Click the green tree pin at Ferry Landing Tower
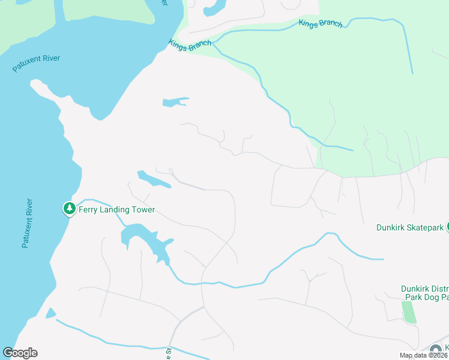70,209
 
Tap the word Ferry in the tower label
89,210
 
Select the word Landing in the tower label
119,210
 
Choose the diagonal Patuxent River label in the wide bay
37,64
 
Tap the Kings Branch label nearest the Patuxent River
190,45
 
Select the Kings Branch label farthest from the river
321,23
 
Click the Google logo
20,353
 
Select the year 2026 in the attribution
440,355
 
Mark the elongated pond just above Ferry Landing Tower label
152,179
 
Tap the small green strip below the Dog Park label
409,312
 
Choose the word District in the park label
440,289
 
